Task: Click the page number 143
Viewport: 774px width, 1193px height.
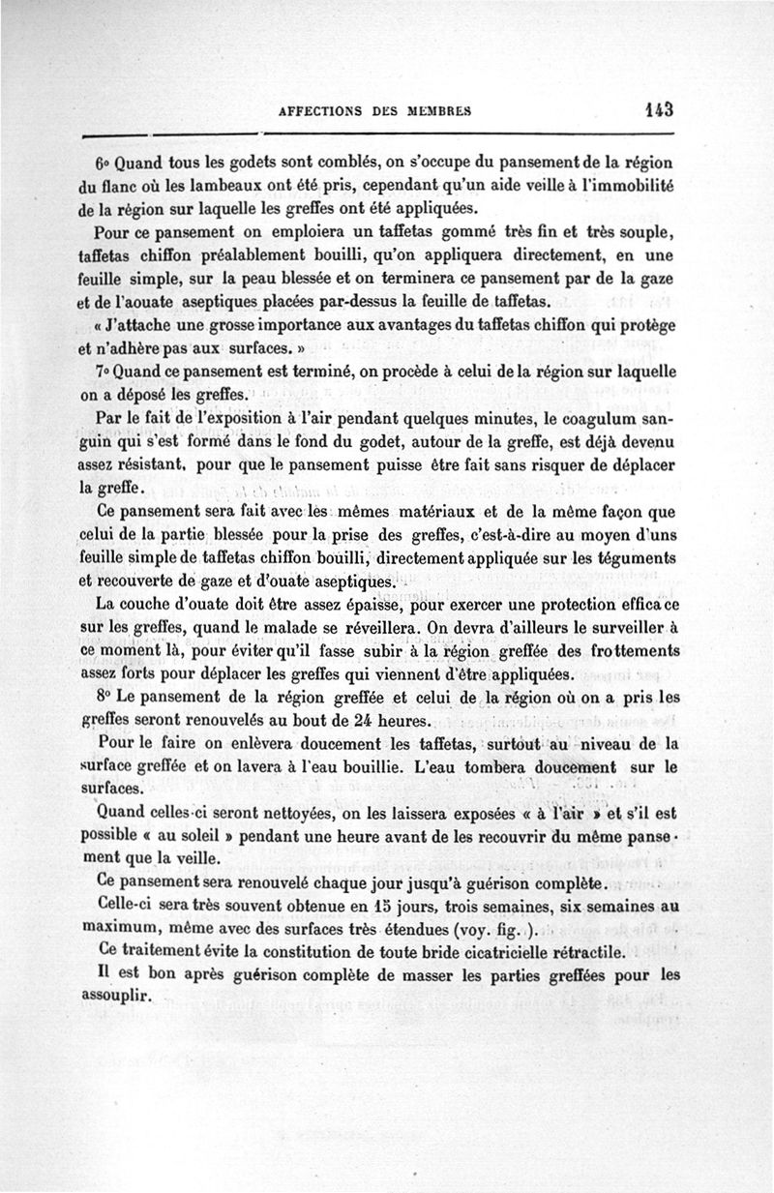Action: [x=653, y=109]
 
